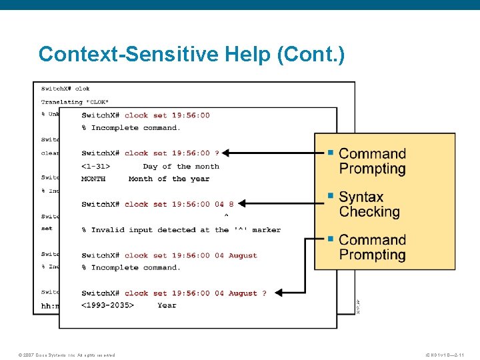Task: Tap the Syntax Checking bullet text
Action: coord(369,205)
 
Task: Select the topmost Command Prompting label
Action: coord(372,161)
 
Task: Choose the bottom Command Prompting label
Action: coord(372,247)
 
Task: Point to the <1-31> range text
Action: coord(96,166)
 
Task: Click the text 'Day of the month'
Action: coord(181,166)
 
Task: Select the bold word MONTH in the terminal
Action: coord(93,179)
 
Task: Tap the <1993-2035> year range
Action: coord(107,305)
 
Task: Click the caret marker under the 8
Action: coord(226,216)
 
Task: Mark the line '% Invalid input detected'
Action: coord(181,230)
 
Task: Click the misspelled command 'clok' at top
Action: coord(82,89)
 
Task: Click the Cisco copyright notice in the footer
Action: coord(67,355)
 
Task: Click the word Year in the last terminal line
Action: coord(167,305)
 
